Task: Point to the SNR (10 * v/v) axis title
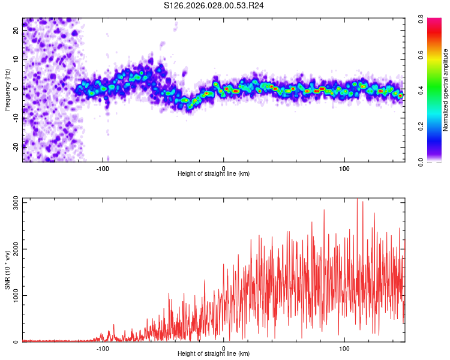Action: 7,270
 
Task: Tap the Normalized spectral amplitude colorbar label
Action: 445,90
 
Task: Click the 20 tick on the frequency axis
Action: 16,31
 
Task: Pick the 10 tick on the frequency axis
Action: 16,60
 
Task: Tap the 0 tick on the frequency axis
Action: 16,89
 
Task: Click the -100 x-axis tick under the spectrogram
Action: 103,168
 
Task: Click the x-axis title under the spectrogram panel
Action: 214,174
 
